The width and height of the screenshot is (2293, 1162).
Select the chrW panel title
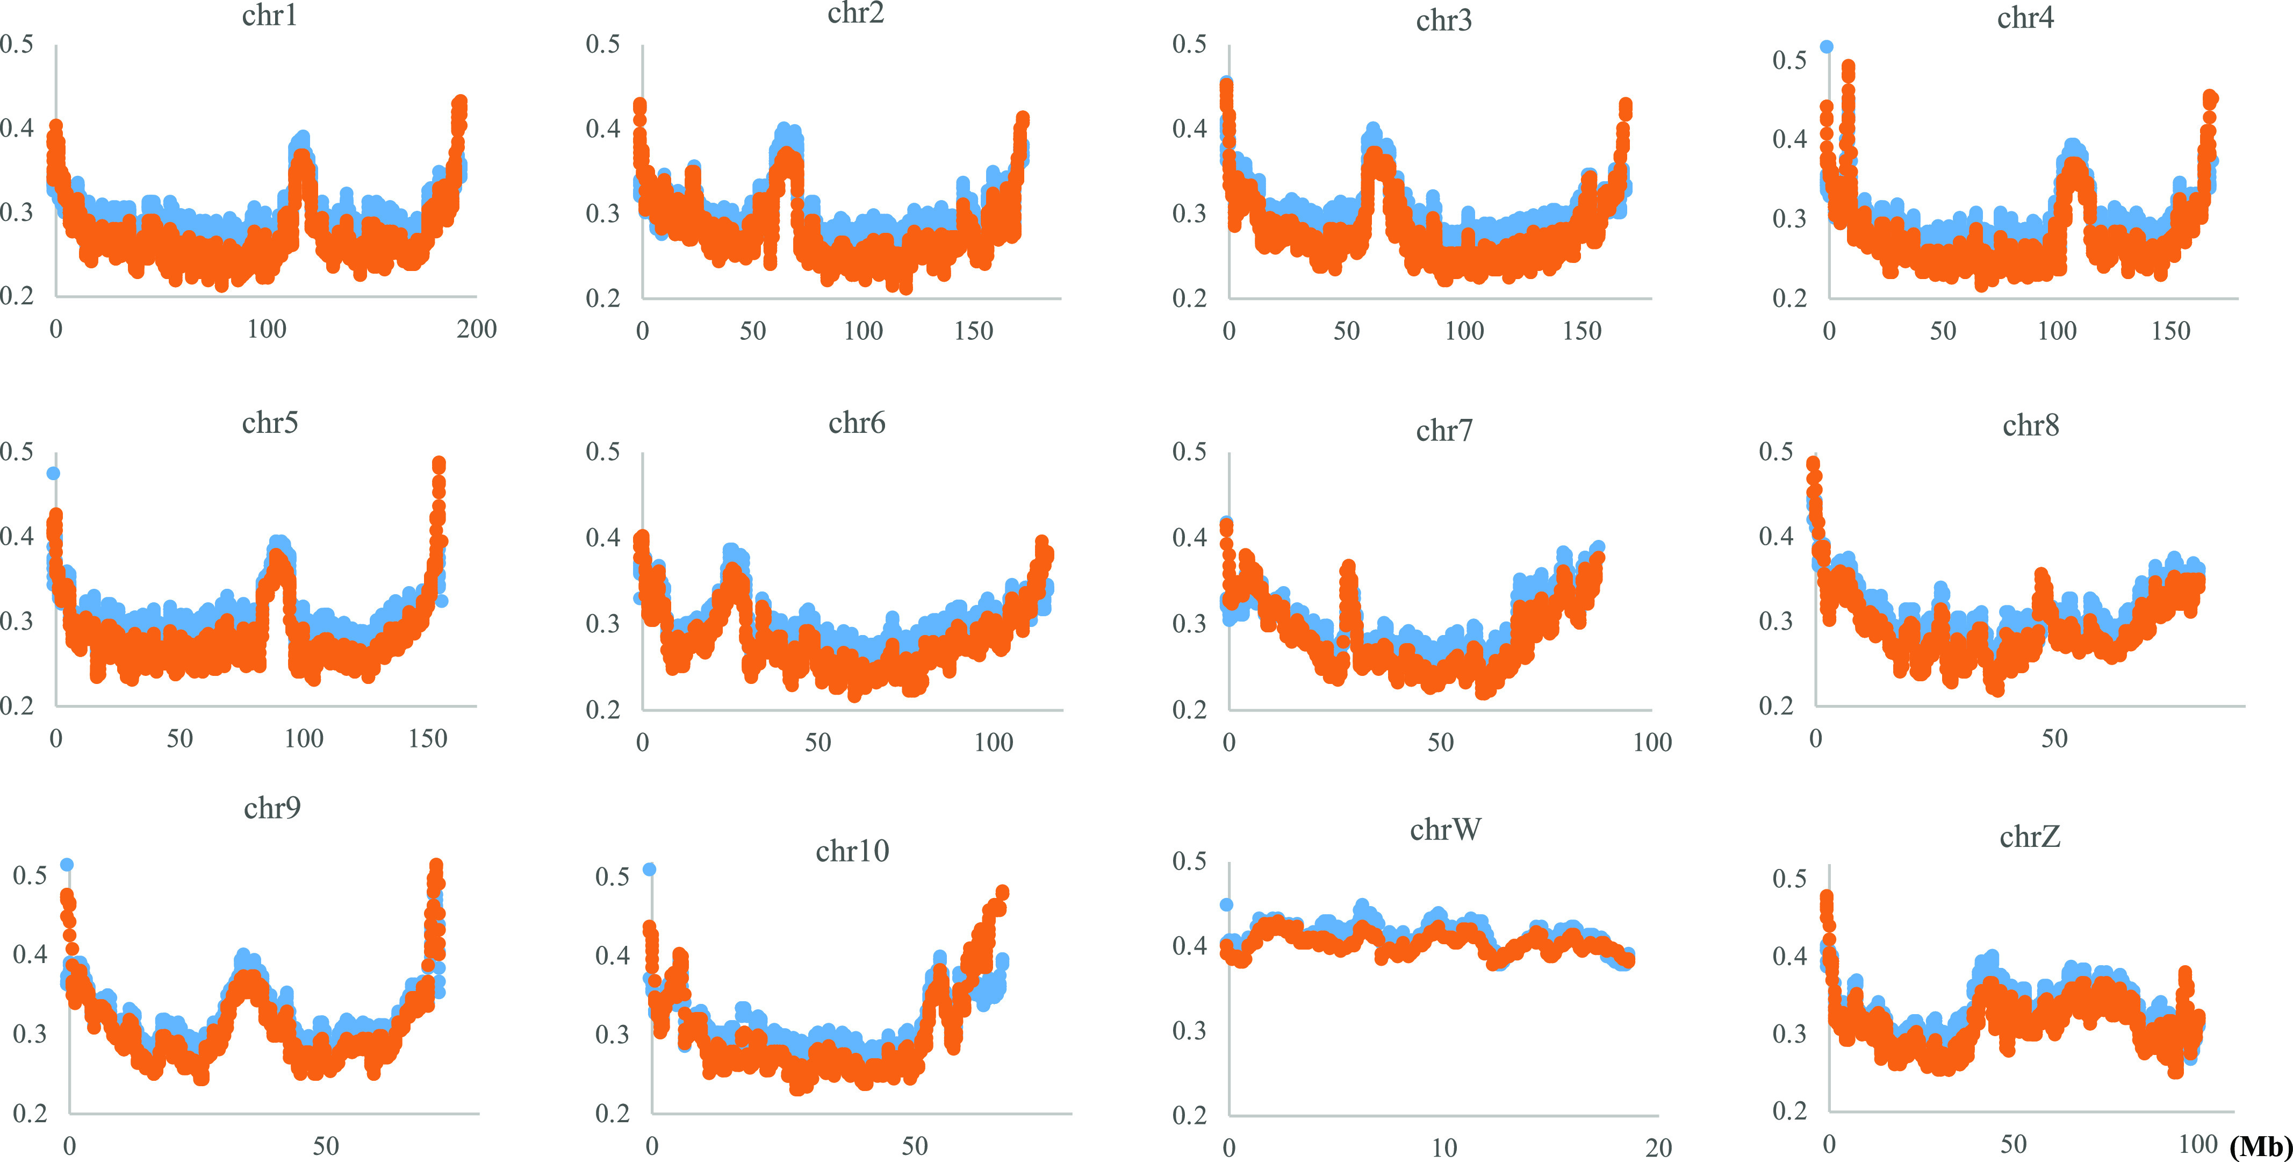pyautogui.click(x=1444, y=830)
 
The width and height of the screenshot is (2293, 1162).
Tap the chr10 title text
pyautogui.click(x=852, y=851)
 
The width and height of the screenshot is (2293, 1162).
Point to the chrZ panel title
pyautogui.click(x=2030, y=837)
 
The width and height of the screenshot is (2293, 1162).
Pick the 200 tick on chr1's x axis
pyautogui.click(x=476, y=330)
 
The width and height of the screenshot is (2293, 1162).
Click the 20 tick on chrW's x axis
pyautogui.click(x=1657, y=1148)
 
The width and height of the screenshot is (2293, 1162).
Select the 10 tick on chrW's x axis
pyautogui.click(x=1444, y=1148)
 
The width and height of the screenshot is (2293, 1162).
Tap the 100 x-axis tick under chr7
pyautogui.click(x=1652, y=742)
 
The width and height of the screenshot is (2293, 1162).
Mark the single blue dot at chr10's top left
pyautogui.click(x=650, y=869)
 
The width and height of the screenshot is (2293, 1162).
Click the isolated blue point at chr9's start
pyautogui.click(x=67, y=865)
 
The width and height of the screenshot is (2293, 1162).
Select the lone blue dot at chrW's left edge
pyautogui.click(x=1227, y=904)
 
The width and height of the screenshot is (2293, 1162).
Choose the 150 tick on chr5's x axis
pyautogui.click(x=427, y=738)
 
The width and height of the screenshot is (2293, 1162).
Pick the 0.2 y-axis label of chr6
pyautogui.click(x=602, y=710)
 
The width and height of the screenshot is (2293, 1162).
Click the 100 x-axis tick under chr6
pyautogui.click(x=994, y=742)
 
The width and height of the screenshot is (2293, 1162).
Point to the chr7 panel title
pyautogui.click(x=1444, y=431)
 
